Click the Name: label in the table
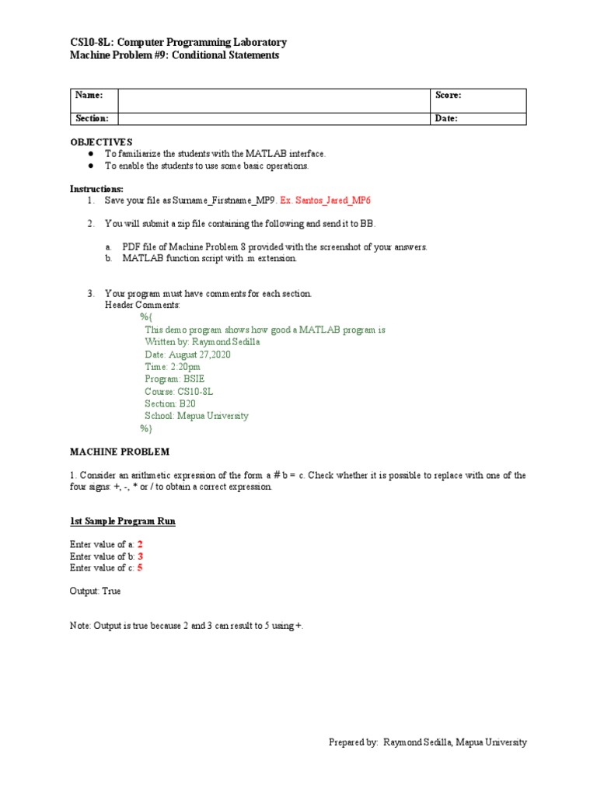(x=89, y=95)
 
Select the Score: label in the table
(x=449, y=95)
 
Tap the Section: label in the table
(x=91, y=118)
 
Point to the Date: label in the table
(x=446, y=118)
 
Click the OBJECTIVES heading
(x=102, y=142)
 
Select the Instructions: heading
(x=96, y=189)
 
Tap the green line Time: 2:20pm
(x=172, y=366)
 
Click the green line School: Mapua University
(x=196, y=416)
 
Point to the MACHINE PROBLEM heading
(x=120, y=452)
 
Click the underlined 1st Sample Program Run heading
(x=122, y=521)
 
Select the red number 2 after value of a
(x=140, y=544)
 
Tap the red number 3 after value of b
(x=141, y=557)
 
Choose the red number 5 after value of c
(x=140, y=568)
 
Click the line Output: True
(x=95, y=591)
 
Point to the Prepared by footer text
(x=428, y=742)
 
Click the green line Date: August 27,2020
(x=187, y=354)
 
